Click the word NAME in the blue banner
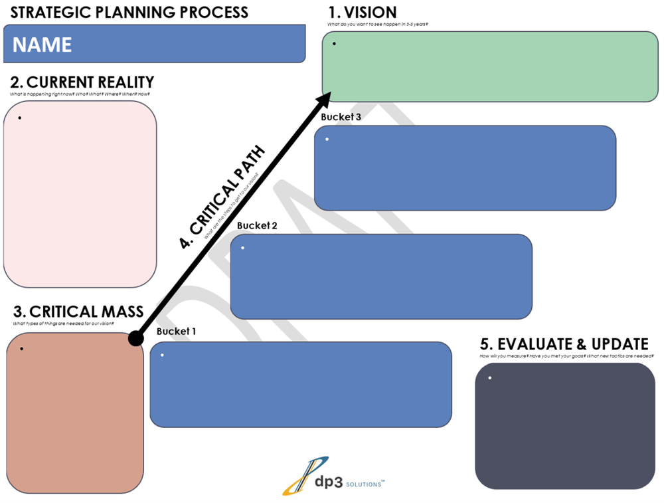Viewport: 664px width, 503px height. click(x=42, y=45)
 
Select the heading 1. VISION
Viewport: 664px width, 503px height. click(x=363, y=12)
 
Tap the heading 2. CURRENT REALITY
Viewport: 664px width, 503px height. click(x=82, y=82)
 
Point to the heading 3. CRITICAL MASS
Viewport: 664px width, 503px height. click(x=78, y=311)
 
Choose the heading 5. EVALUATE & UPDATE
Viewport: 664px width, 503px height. click(x=564, y=344)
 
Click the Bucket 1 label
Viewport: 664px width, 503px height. click(x=176, y=331)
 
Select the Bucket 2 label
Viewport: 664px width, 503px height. click(x=257, y=225)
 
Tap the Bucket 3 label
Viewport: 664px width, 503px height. click(x=341, y=117)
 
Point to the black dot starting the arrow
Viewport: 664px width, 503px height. click(x=135, y=339)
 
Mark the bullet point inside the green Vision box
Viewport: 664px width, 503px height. click(x=334, y=45)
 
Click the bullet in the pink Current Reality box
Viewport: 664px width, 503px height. click(x=20, y=118)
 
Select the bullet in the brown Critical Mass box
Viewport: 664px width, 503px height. click(x=23, y=349)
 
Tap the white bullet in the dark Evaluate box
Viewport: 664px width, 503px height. click(x=490, y=378)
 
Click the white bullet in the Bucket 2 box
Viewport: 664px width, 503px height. click(x=243, y=249)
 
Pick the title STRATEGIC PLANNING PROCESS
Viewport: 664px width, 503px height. click(x=129, y=12)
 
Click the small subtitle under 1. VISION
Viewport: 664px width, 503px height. click(x=377, y=24)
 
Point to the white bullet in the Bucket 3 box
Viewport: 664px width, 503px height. click(x=327, y=140)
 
